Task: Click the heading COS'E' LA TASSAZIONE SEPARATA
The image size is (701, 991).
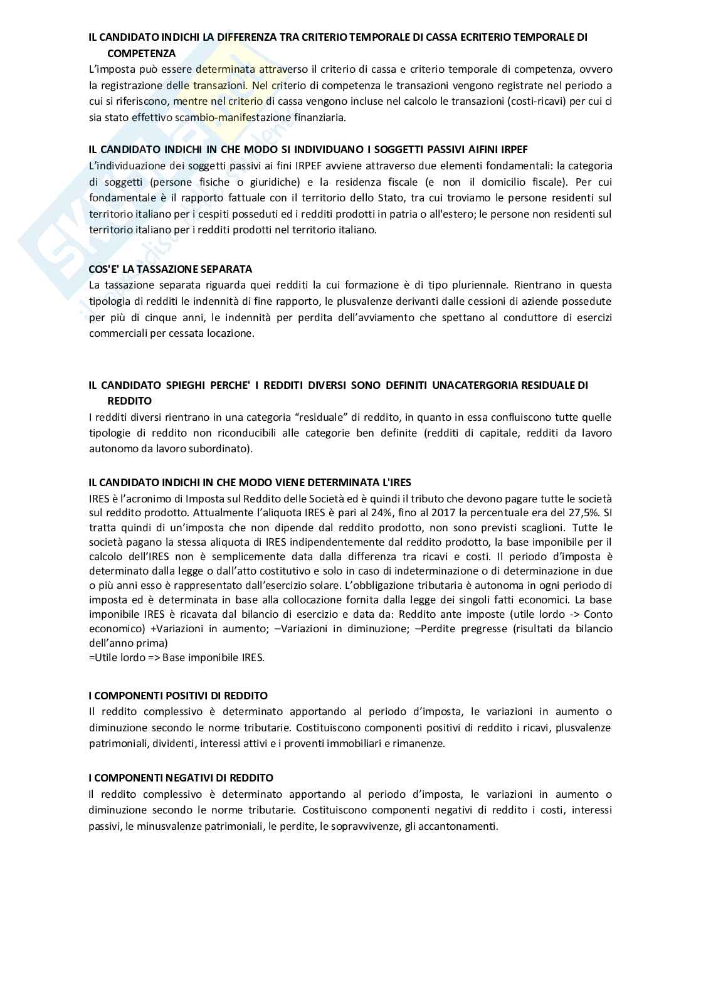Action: point(171,269)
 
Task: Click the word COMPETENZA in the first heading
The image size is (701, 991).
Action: point(141,53)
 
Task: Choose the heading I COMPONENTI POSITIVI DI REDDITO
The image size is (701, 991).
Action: point(178,696)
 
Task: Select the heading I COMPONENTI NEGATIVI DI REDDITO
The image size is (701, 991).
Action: point(181,778)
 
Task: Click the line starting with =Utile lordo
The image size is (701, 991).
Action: point(176,657)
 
